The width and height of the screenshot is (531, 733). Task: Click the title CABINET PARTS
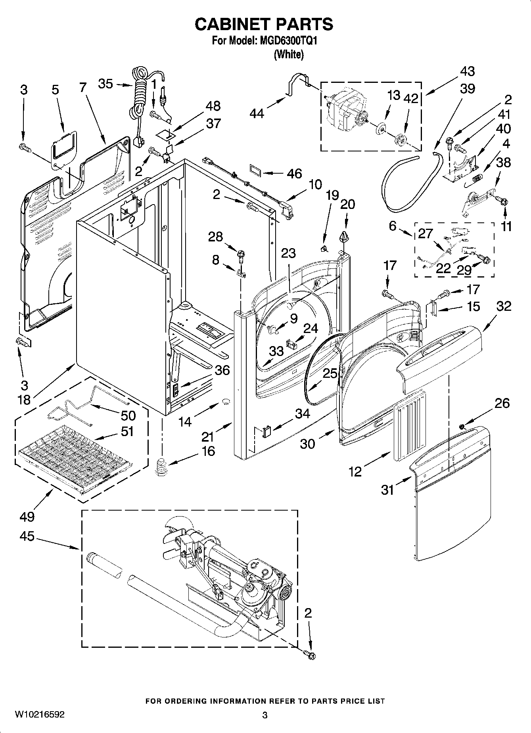264,25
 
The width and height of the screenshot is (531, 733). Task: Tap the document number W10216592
40,715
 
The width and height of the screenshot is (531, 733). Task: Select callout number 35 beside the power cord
105,84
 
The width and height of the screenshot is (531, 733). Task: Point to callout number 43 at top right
468,72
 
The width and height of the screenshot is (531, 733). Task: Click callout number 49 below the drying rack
27,516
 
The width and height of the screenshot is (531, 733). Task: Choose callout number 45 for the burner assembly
27,537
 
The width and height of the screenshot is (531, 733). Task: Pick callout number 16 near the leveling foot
208,451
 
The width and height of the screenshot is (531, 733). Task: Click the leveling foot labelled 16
160,467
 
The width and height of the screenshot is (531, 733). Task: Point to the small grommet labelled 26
462,427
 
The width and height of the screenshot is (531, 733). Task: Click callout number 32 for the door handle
504,306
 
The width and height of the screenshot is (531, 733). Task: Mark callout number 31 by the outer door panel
387,490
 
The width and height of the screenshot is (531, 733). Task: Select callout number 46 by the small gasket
294,174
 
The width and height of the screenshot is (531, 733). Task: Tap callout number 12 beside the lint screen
355,471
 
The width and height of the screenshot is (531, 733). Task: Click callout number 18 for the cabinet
24,399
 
